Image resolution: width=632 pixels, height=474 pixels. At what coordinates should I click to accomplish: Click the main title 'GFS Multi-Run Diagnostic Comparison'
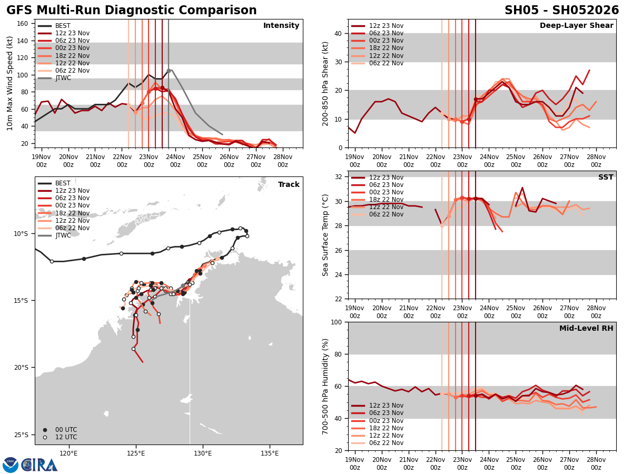132,11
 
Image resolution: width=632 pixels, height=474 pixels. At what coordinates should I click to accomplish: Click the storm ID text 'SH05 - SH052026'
561,11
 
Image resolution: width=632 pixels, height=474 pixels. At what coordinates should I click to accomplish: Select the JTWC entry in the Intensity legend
63,78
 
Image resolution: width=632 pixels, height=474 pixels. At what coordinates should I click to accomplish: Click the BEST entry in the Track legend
63,183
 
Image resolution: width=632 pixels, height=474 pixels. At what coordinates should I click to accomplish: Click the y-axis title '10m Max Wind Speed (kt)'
9,83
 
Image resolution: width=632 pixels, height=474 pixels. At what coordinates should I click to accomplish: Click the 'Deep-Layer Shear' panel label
576,26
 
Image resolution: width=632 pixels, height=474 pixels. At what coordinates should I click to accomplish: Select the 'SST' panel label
605,177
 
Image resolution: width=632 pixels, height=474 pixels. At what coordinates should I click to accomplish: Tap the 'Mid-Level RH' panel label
586,329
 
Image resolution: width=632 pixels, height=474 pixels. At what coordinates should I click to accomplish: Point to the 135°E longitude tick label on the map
269,452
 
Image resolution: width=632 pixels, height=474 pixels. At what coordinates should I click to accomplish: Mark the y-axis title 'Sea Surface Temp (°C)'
325,235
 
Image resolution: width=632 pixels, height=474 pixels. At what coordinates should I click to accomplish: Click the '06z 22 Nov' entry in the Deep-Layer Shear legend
387,63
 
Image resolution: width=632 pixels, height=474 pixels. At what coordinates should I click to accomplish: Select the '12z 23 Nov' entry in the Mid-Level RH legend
387,406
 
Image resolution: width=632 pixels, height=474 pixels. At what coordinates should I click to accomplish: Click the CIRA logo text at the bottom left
39,465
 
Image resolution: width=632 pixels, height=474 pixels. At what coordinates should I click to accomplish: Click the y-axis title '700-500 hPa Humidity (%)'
325,386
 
